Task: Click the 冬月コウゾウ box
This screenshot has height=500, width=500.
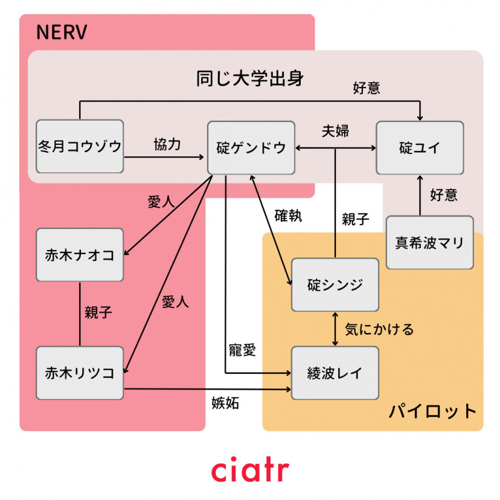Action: tap(80, 147)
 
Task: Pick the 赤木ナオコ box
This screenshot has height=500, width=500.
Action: tap(80, 255)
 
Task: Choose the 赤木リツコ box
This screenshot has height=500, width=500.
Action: tap(80, 373)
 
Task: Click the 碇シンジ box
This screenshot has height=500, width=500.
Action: tap(335, 284)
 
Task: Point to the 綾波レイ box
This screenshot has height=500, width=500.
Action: tap(335, 373)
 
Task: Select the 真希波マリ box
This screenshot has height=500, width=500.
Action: tap(429, 243)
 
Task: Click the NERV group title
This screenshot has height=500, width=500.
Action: tap(62, 33)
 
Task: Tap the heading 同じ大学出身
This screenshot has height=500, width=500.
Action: tap(250, 79)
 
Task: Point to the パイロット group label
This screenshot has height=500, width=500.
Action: tap(432, 412)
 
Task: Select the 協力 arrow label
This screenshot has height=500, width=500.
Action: tap(167, 145)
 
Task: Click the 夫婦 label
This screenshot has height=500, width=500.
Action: tap(335, 131)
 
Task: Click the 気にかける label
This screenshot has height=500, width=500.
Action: tap(379, 329)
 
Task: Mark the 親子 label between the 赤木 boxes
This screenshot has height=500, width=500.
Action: tap(98, 313)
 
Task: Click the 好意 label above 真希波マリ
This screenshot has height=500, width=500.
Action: tap(444, 195)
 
